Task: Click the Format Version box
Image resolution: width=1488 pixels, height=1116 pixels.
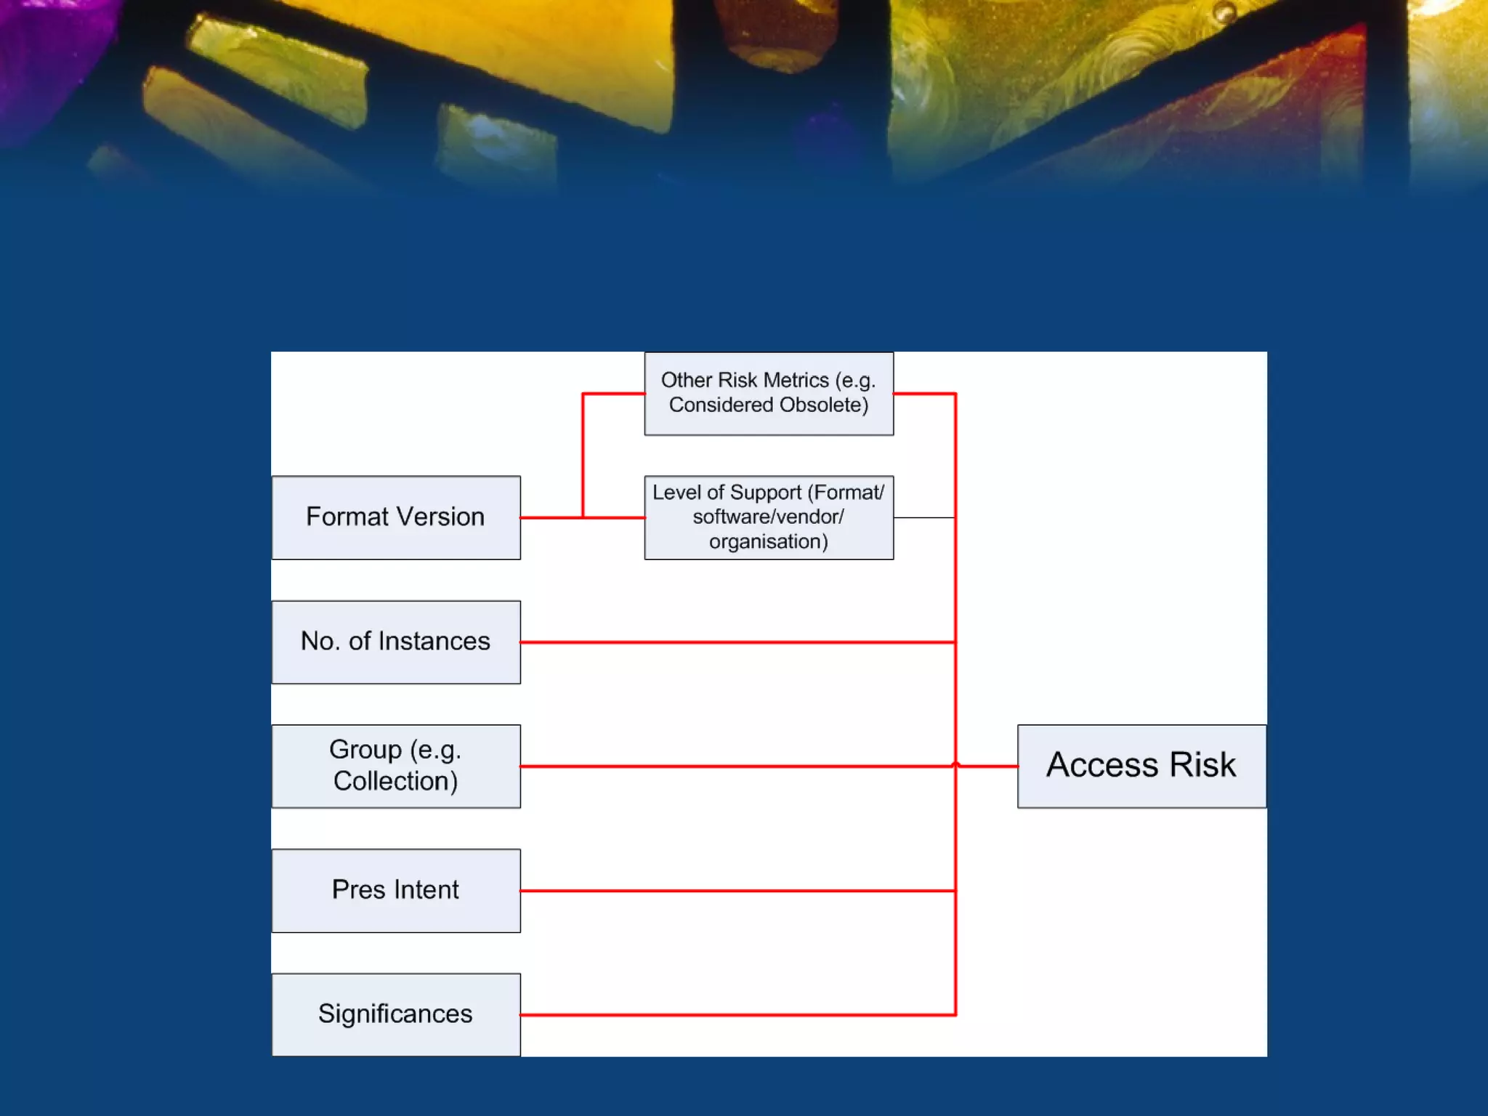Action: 396,517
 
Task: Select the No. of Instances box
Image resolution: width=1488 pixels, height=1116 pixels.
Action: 396,642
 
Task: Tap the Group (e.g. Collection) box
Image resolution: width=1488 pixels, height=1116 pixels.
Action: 396,766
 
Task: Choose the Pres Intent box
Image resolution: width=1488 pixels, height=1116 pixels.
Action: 396,890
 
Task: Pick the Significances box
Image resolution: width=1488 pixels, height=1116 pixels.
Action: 396,1014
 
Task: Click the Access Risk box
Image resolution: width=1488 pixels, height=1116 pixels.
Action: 1141,766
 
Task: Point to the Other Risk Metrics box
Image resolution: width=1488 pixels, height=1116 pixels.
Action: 769,393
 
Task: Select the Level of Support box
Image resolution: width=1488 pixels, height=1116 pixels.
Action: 769,517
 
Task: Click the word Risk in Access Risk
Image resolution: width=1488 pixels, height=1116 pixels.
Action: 1202,765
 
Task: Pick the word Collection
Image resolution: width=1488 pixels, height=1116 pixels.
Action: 395,781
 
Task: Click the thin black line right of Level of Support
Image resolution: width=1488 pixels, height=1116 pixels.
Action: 924,517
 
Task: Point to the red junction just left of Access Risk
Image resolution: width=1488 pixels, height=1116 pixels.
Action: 955,766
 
